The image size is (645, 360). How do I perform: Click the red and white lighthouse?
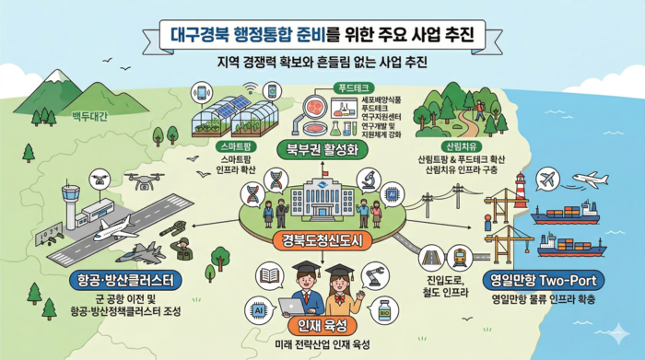[521, 190]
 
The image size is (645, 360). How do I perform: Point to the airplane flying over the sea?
[588, 180]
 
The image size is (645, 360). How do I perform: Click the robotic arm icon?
[373, 273]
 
